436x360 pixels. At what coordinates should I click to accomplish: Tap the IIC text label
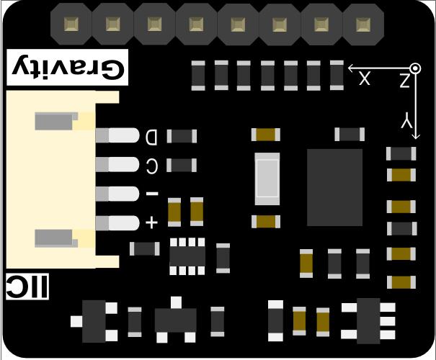click(x=28, y=288)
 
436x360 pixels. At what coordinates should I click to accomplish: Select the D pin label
click(x=151, y=136)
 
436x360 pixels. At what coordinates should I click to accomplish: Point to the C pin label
click(x=151, y=166)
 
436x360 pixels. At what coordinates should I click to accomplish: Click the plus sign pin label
click(x=151, y=222)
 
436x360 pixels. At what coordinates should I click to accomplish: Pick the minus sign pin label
click(x=151, y=194)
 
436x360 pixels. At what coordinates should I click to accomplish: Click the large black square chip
click(x=334, y=188)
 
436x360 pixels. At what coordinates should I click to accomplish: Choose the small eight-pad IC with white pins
click(x=187, y=256)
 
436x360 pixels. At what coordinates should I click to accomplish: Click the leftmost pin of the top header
click(x=71, y=24)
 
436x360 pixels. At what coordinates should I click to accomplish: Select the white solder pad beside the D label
click(x=124, y=135)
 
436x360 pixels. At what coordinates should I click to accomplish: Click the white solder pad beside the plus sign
click(x=124, y=222)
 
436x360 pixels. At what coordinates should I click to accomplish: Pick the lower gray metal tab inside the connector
click(x=56, y=238)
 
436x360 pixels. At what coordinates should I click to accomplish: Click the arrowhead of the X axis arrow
click(x=352, y=68)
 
